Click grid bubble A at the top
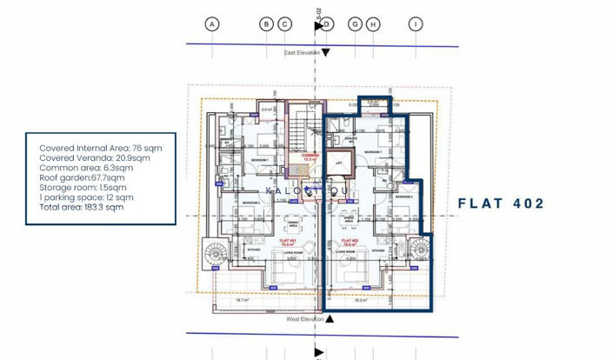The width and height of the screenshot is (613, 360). (211, 24)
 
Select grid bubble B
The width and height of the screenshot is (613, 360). (267, 24)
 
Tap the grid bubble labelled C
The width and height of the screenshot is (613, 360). (284, 24)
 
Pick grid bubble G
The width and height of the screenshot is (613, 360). (355, 24)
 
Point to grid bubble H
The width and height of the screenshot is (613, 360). (373, 24)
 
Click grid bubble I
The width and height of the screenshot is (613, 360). (416, 24)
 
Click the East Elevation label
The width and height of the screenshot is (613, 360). (302, 53)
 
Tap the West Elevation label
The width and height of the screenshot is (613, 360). (304, 319)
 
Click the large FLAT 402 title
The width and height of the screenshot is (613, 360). (501, 203)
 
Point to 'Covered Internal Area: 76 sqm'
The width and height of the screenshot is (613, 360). (100, 148)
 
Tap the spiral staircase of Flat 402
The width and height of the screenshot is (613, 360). (419, 250)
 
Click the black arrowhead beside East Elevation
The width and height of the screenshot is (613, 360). (326, 53)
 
